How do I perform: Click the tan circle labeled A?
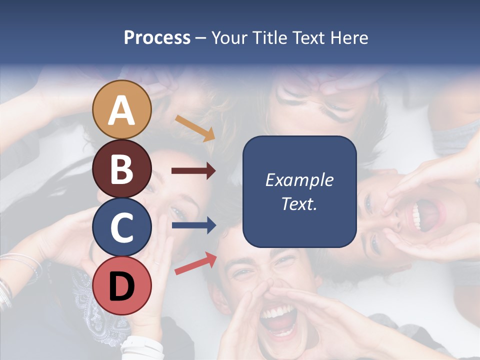coord(121,109)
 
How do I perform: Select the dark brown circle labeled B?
coord(121,168)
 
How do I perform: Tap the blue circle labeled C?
coord(121,227)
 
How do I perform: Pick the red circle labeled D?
coord(121,286)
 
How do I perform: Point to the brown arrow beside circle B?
coord(193,171)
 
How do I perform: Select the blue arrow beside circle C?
coord(193,225)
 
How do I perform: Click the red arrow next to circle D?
coord(195,263)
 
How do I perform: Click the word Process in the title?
coord(157,38)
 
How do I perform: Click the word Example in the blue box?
coord(299,180)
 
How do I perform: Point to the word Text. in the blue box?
coord(299,204)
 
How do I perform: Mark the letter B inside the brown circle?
coord(121,168)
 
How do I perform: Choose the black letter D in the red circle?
coord(121,286)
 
